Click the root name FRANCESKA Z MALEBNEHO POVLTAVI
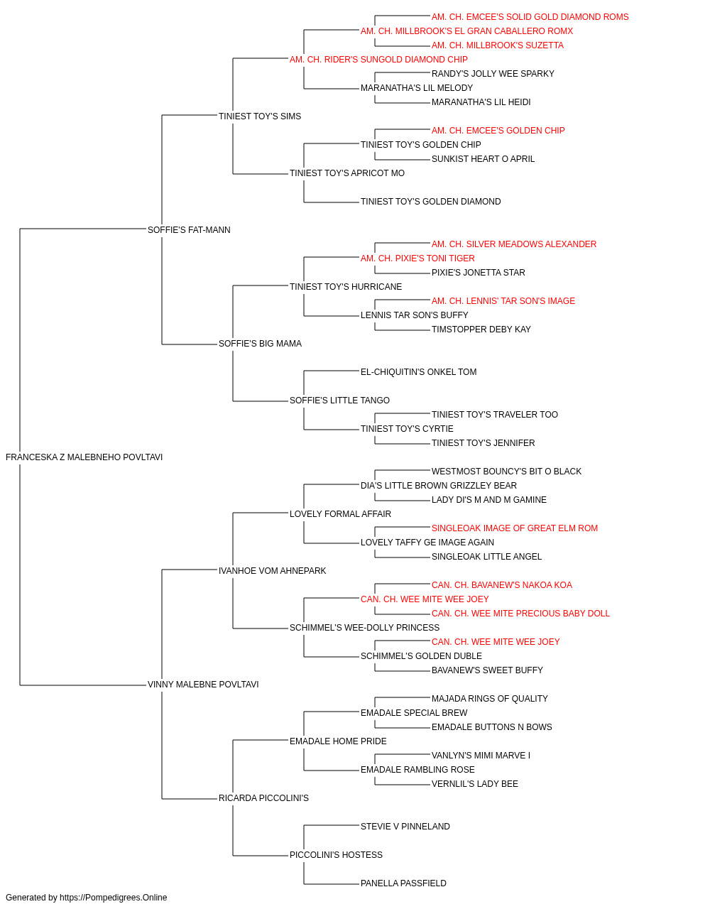click(x=84, y=457)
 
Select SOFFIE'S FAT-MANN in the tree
click(x=189, y=230)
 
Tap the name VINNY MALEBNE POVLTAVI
click(x=203, y=685)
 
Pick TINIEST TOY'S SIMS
click(x=260, y=116)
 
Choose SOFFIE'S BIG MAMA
click(x=260, y=344)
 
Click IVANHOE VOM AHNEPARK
click(x=272, y=571)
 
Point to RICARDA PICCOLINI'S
click(x=264, y=798)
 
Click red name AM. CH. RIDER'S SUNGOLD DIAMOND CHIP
click(x=378, y=60)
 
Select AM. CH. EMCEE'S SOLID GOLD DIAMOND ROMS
click(x=530, y=17)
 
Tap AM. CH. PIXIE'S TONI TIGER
click(x=417, y=258)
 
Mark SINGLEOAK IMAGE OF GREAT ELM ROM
click(x=515, y=528)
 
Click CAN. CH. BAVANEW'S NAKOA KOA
click(x=502, y=584)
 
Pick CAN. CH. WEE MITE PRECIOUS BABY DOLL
click(x=520, y=614)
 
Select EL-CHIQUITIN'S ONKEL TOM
click(x=419, y=372)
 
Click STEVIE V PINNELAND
click(x=405, y=827)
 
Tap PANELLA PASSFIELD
click(x=403, y=883)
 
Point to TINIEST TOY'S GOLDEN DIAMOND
click(x=431, y=202)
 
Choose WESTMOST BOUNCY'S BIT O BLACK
click(x=506, y=472)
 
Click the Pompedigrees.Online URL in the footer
click(x=114, y=898)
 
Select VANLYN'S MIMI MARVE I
click(x=481, y=756)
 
